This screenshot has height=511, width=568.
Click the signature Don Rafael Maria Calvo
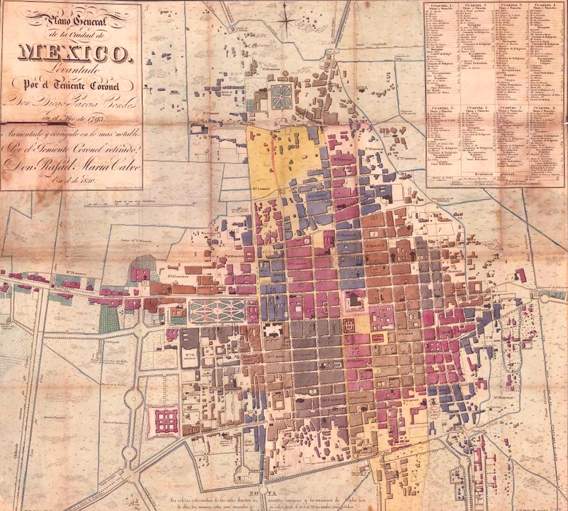(72, 165)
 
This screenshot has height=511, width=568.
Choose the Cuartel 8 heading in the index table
(543, 109)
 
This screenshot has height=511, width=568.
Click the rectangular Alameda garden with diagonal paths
(217, 311)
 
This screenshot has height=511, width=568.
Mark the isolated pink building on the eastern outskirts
(520, 275)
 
